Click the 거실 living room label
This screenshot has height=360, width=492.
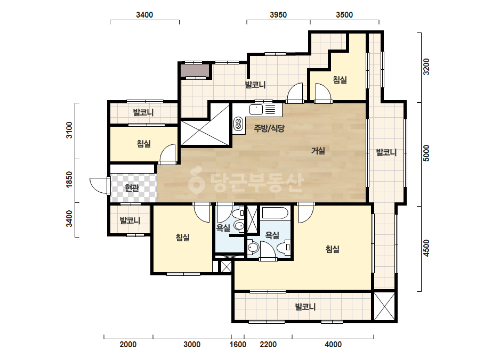click(318, 151)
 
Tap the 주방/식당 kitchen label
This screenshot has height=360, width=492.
click(269, 128)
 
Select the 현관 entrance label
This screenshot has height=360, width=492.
click(132, 188)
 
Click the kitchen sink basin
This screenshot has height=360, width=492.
click(256, 110)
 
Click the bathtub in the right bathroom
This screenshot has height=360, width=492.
click(275, 213)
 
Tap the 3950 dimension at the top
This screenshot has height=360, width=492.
click(278, 15)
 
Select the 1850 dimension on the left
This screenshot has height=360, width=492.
click(69, 179)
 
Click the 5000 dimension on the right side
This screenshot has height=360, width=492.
click(426, 153)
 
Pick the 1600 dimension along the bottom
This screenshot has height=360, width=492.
click(238, 345)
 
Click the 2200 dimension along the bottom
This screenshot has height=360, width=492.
click(268, 345)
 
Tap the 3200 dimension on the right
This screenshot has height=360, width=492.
click(426, 67)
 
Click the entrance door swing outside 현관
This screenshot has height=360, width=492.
click(99, 186)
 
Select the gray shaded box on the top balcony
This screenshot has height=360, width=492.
click(195, 70)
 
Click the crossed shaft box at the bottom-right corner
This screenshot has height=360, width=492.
click(384, 306)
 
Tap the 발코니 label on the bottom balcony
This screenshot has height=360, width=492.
click(305, 307)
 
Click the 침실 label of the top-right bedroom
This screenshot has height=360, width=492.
click(340, 80)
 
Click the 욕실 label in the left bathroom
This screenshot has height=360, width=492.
click(223, 228)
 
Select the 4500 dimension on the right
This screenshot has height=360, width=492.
click(426, 248)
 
